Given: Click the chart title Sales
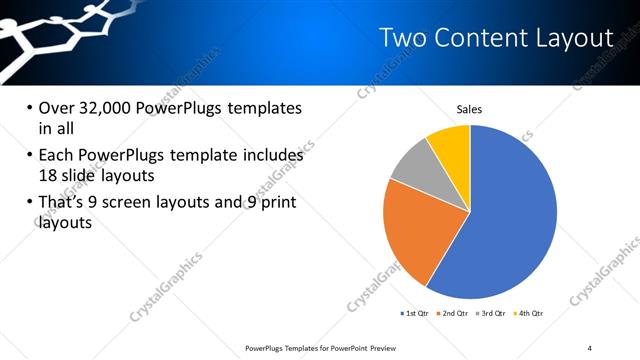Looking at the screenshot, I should [470, 109].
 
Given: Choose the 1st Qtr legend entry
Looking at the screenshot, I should [416, 314].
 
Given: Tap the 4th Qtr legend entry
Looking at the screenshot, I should [529, 314].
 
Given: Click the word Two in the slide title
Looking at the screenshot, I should [404, 39].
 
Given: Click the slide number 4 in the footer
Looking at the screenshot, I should [590, 347].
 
